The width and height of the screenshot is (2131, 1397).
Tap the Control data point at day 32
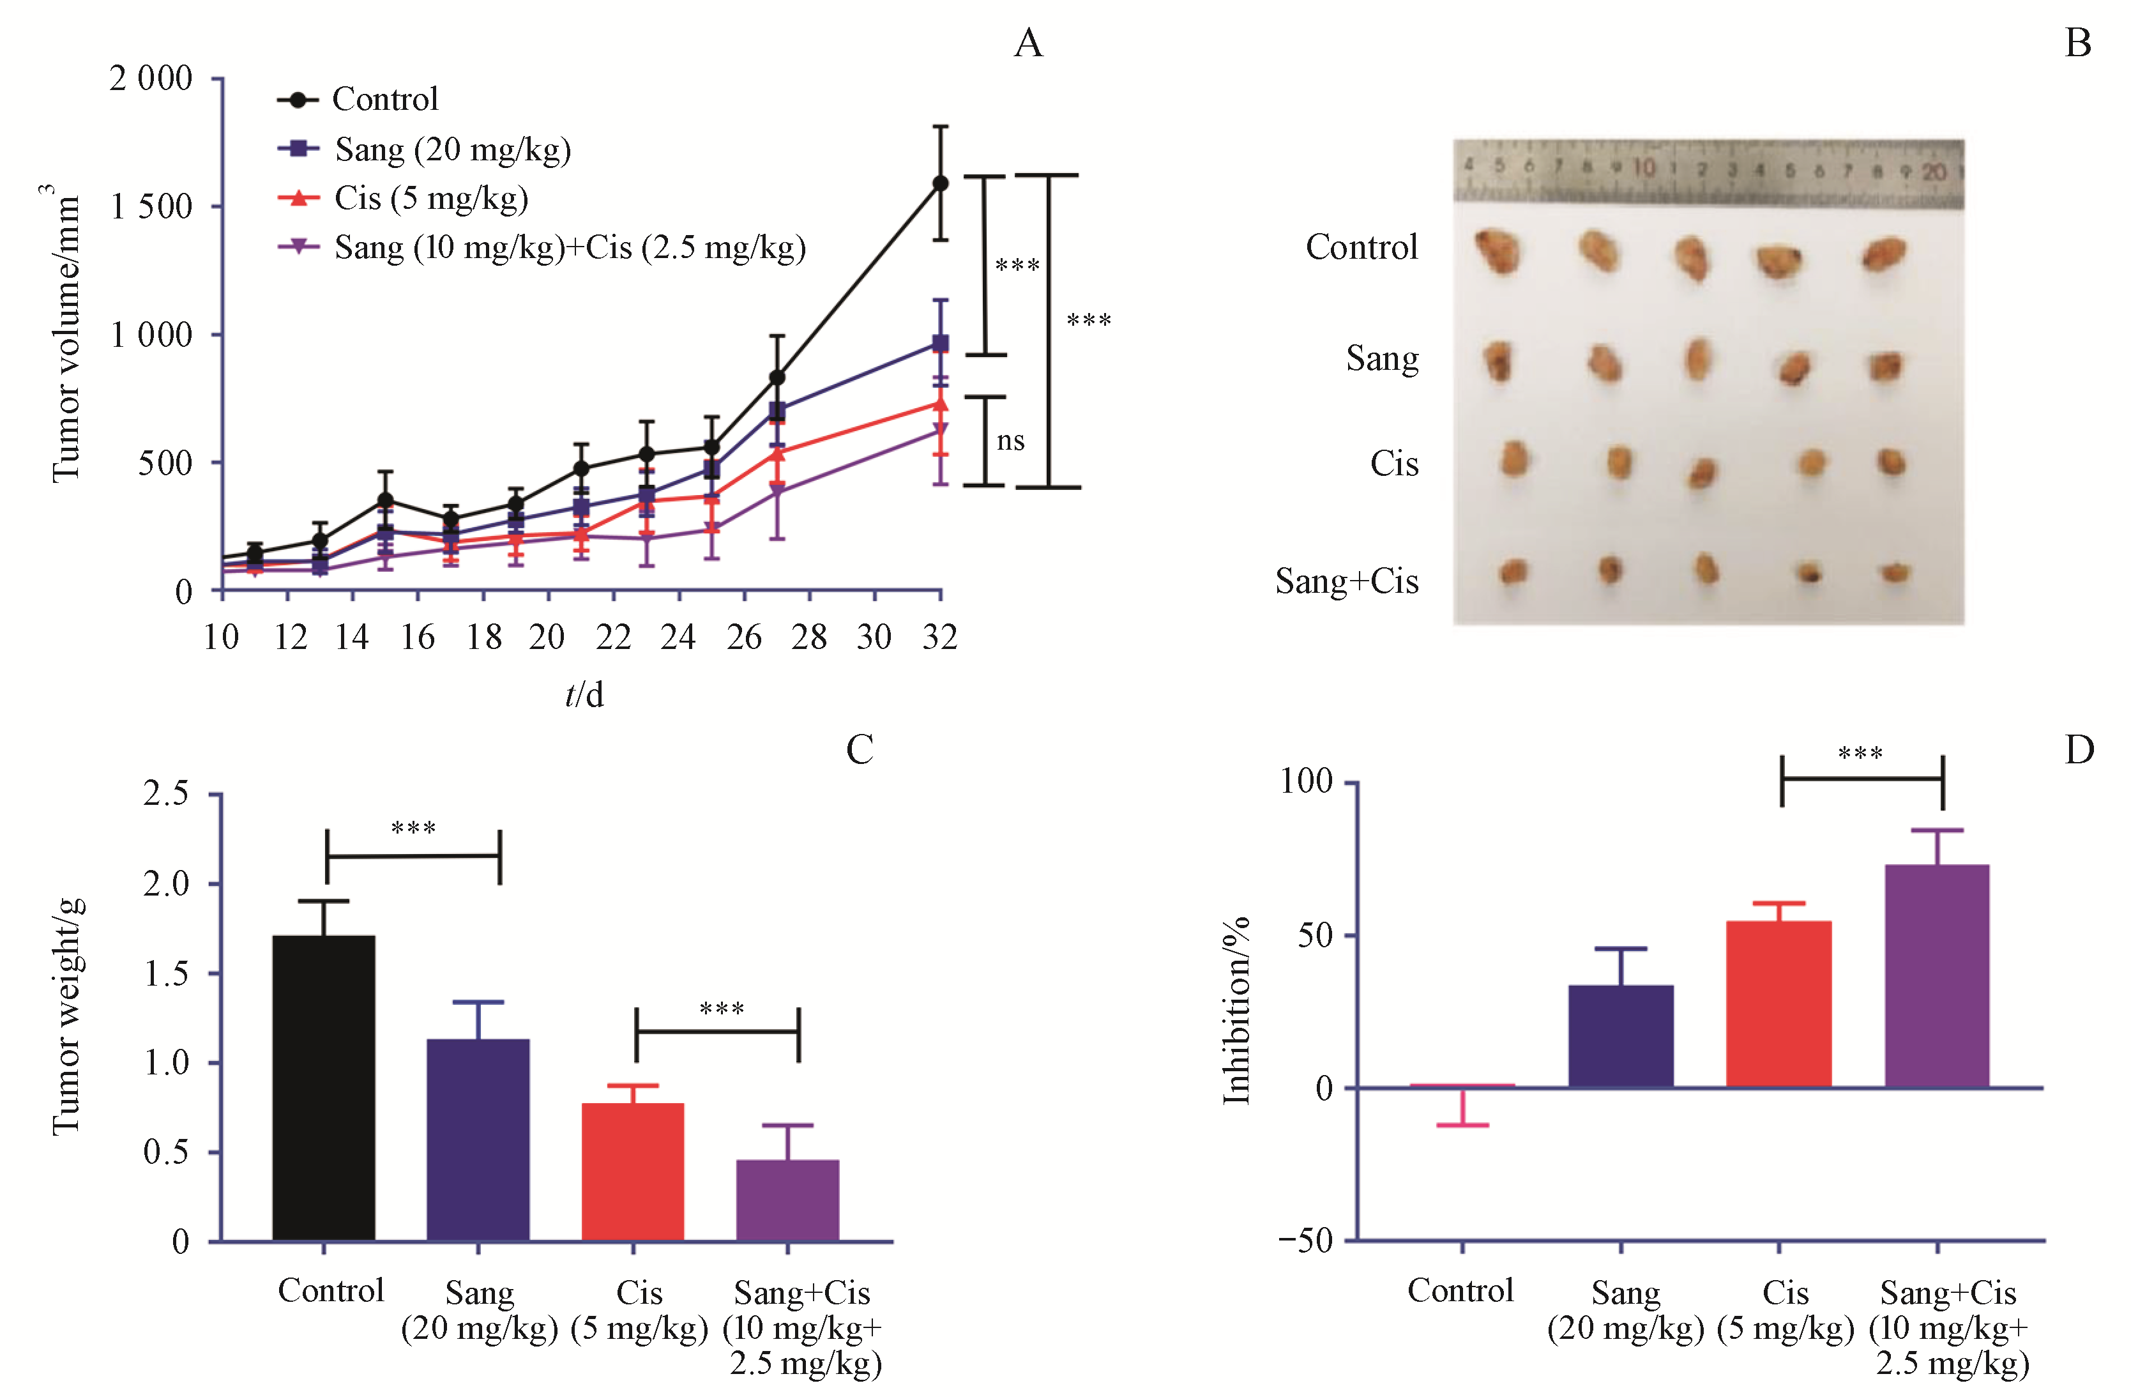(940, 183)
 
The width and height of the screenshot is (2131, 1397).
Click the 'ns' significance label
(1010, 441)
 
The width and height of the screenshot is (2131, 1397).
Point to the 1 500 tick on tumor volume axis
(151, 207)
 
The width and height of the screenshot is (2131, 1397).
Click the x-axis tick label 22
(613, 637)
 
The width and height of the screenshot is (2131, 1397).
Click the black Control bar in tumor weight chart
(323, 1088)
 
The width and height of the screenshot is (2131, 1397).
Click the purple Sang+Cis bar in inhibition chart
(1937, 976)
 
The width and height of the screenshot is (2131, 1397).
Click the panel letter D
(2079, 749)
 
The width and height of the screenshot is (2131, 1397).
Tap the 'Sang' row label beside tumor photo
(1381, 358)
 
